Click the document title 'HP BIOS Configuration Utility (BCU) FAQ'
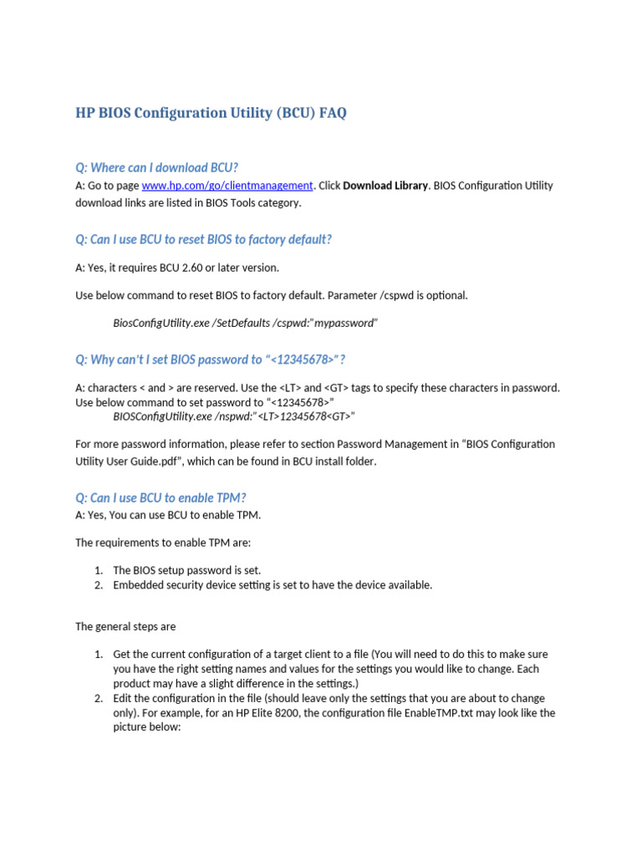coord(211,113)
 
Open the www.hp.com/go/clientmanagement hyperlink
coord(227,186)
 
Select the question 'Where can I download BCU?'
coord(162,167)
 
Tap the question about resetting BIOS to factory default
coord(203,239)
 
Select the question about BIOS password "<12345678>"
coord(211,359)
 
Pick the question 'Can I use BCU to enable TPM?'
coord(160,497)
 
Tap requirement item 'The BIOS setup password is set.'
coord(187,570)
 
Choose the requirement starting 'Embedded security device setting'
coord(273,585)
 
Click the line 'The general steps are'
coord(125,626)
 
